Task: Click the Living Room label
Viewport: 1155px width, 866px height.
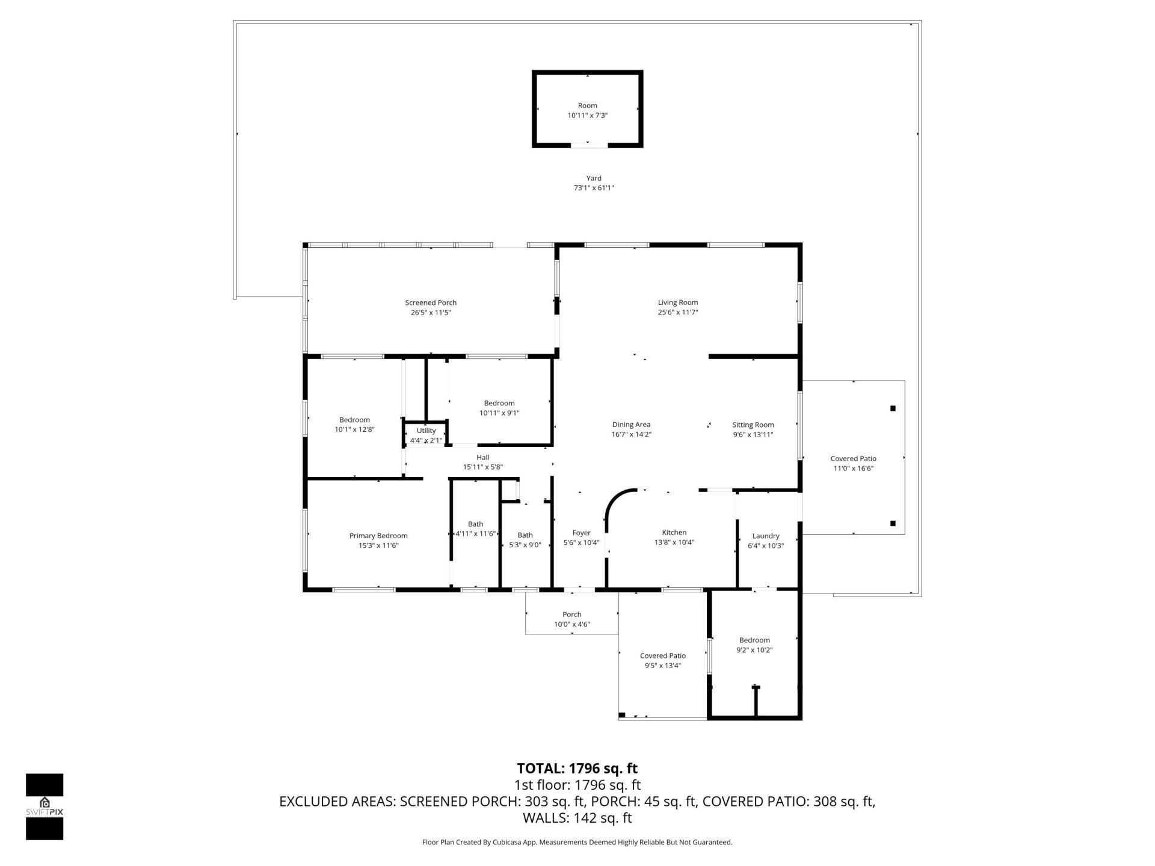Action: (677, 302)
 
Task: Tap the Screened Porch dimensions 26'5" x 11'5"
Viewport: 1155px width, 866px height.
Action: (431, 313)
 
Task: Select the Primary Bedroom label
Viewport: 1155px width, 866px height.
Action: (378, 536)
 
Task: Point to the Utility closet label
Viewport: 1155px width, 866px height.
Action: (426, 431)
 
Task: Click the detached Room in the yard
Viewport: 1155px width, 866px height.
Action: (587, 109)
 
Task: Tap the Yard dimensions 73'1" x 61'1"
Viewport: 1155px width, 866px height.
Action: (594, 188)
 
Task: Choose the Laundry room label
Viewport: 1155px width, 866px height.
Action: (765, 536)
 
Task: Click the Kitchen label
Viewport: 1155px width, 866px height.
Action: (674, 532)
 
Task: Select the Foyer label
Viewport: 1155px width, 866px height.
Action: (581, 533)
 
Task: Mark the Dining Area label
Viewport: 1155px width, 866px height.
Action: (631, 425)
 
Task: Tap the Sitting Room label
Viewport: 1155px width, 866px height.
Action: (753, 425)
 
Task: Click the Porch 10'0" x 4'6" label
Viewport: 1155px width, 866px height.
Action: (571, 619)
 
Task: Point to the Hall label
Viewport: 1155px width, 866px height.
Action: (482, 457)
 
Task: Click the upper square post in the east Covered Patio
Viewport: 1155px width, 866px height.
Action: (893, 408)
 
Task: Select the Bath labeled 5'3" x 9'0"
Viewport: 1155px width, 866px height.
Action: (525, 540)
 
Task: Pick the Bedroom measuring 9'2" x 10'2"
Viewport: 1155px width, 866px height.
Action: (754, 645)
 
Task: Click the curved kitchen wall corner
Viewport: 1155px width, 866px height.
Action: (614, 500)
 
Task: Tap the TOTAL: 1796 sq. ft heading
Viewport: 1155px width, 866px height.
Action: (577, 768)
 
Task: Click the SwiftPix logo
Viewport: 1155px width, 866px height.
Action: (45, 806)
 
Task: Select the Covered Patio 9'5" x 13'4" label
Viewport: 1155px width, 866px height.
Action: (662, 660)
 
